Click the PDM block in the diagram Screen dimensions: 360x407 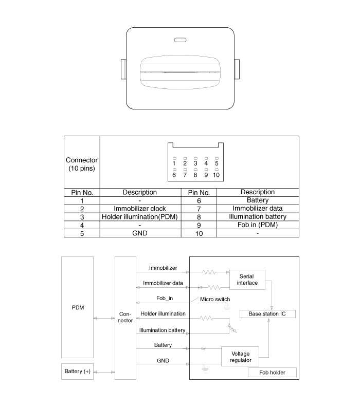[78, 307]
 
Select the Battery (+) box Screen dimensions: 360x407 [78, 372]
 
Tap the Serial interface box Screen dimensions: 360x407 [247, 280]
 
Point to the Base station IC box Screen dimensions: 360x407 [267, 314]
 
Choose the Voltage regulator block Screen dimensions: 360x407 [240, 357]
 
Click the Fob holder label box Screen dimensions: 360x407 [272, 372]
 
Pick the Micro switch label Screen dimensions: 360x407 [215, 299]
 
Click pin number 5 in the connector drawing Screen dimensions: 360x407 [217, 163]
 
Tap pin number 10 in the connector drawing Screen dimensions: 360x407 [217, 175]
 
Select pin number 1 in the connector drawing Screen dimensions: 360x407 [174, 163]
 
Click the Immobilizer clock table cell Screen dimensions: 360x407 [140, 209]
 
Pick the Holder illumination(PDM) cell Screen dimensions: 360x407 [140, 217]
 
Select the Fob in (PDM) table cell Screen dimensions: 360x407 [258, 225]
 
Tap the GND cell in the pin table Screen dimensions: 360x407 [140, 233]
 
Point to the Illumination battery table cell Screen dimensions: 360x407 [258, 217]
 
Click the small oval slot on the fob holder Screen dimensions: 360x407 [180, 40]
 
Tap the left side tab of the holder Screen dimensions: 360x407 [123, 69]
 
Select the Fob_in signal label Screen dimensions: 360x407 [165, 298]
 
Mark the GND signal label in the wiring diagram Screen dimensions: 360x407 [163, 361]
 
